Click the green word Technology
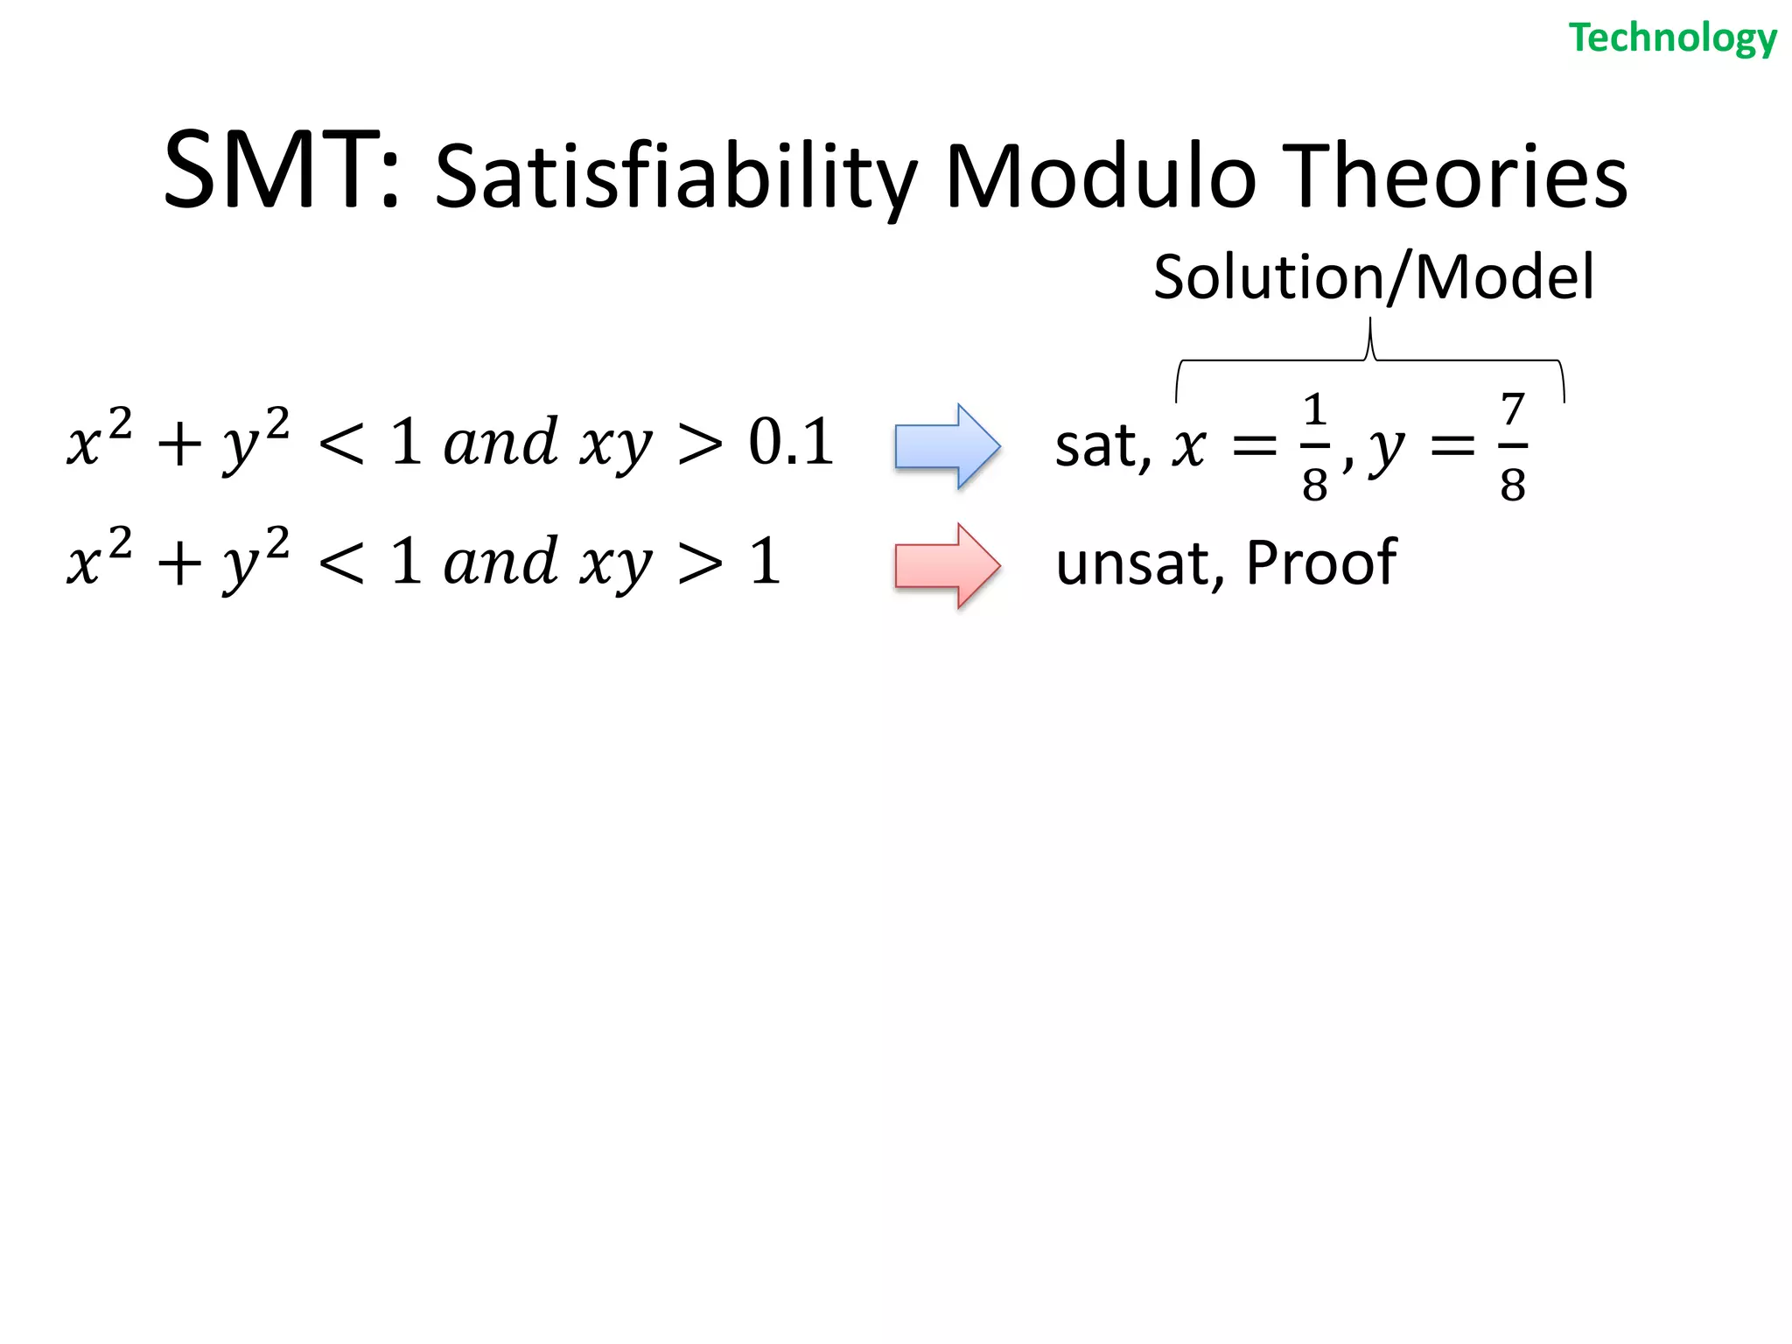tap(1672, 38)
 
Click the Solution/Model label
tap(1373, 277)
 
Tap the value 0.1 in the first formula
tap(789, 442)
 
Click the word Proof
tap(1320, 563)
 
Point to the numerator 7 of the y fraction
tap(1513, 409)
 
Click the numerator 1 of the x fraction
tap(1314, 409)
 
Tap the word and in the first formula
tap(500, 442)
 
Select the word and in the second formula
tap(500, 562)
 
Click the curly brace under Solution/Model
tap(1370, 359)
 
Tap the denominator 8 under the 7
tap(1513, 484)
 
